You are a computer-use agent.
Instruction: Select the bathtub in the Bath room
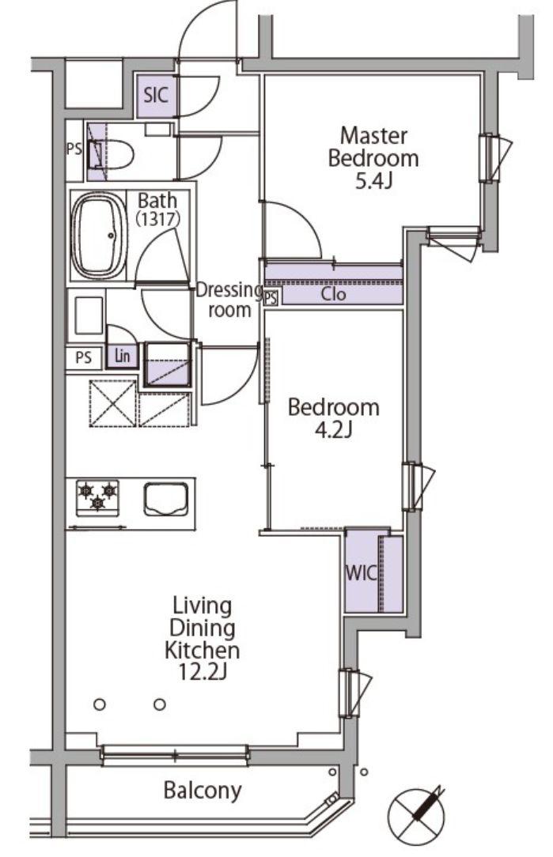[98, 236]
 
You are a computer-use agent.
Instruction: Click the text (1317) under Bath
[157, 220]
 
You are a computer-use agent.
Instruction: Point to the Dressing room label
[229, 300]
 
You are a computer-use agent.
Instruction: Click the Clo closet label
[334, 294]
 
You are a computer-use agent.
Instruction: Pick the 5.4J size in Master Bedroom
[373, 181]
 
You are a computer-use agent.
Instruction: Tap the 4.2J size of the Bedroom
[333, 430]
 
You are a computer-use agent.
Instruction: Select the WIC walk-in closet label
[361, 573]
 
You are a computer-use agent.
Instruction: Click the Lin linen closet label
[123, 357]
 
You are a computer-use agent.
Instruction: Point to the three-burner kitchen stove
[98, 496]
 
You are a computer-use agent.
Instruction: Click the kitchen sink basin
[165, 499]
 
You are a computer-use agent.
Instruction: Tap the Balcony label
[203, 791]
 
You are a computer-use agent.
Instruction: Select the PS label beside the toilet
[74, 149]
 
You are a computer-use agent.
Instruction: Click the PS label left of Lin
[83, 359]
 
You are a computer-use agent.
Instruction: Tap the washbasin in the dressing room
[88, 315]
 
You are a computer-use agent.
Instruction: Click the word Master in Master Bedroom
[373, 135]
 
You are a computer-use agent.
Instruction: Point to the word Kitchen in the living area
[203, 651]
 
